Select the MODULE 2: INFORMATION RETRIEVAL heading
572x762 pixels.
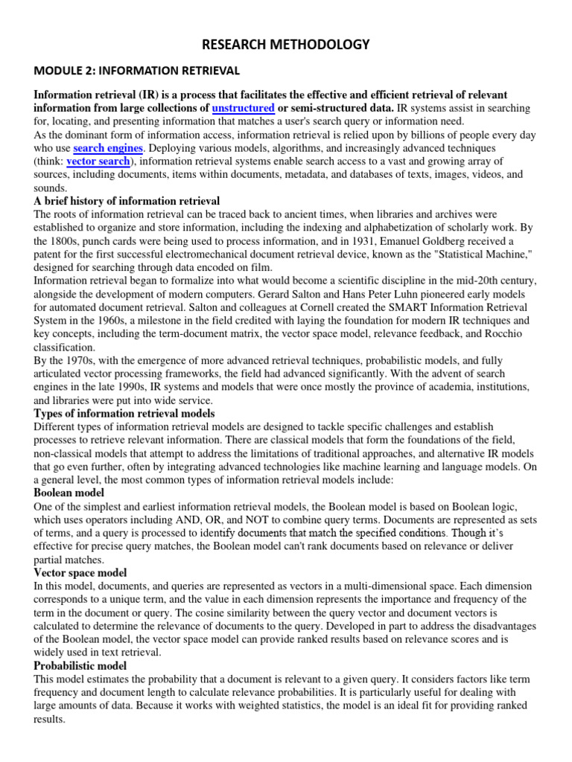137,71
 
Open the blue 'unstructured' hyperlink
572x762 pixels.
243,108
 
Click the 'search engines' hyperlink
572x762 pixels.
108,148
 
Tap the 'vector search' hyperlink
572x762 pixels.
98,161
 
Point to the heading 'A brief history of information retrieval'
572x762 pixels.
127,202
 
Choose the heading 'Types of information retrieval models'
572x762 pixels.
124,413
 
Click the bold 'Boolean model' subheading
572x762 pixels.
69,493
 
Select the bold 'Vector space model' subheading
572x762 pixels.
80,573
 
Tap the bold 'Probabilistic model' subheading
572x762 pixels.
80,665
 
